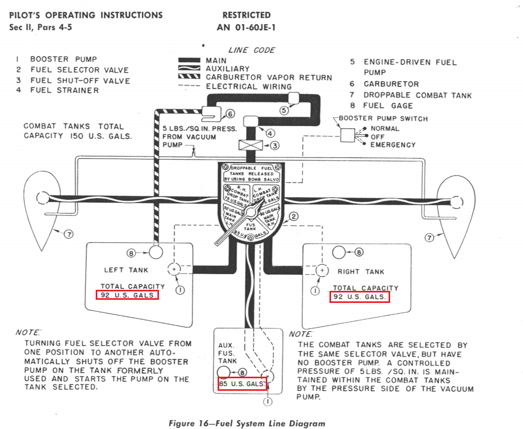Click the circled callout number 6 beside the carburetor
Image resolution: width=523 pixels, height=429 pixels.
[230, 114]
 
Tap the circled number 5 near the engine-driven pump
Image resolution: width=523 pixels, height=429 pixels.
[284, 110]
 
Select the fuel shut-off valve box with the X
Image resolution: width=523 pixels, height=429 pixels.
[249, 145]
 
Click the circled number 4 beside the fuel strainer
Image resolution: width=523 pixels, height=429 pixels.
[270, 133]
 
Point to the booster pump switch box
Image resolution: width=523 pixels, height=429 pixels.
[347, 136]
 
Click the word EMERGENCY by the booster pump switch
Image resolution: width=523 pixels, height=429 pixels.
[393, 145]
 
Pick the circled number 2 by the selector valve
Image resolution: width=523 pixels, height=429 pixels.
[294, 217]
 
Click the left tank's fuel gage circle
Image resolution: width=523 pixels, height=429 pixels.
[156, 253]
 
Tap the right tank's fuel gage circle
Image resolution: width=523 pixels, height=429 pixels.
[339, 252]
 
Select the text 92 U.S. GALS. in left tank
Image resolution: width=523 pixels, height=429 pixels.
[127, 295]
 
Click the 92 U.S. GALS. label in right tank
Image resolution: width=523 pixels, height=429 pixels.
[360, 297]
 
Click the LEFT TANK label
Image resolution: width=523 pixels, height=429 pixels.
[126, 270]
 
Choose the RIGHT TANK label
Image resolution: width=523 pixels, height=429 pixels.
[361, 272]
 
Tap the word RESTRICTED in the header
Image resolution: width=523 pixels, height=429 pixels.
[247, 15]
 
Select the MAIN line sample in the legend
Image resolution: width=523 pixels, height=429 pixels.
[189, 61]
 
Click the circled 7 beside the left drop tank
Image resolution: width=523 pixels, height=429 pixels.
[69, 234]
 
